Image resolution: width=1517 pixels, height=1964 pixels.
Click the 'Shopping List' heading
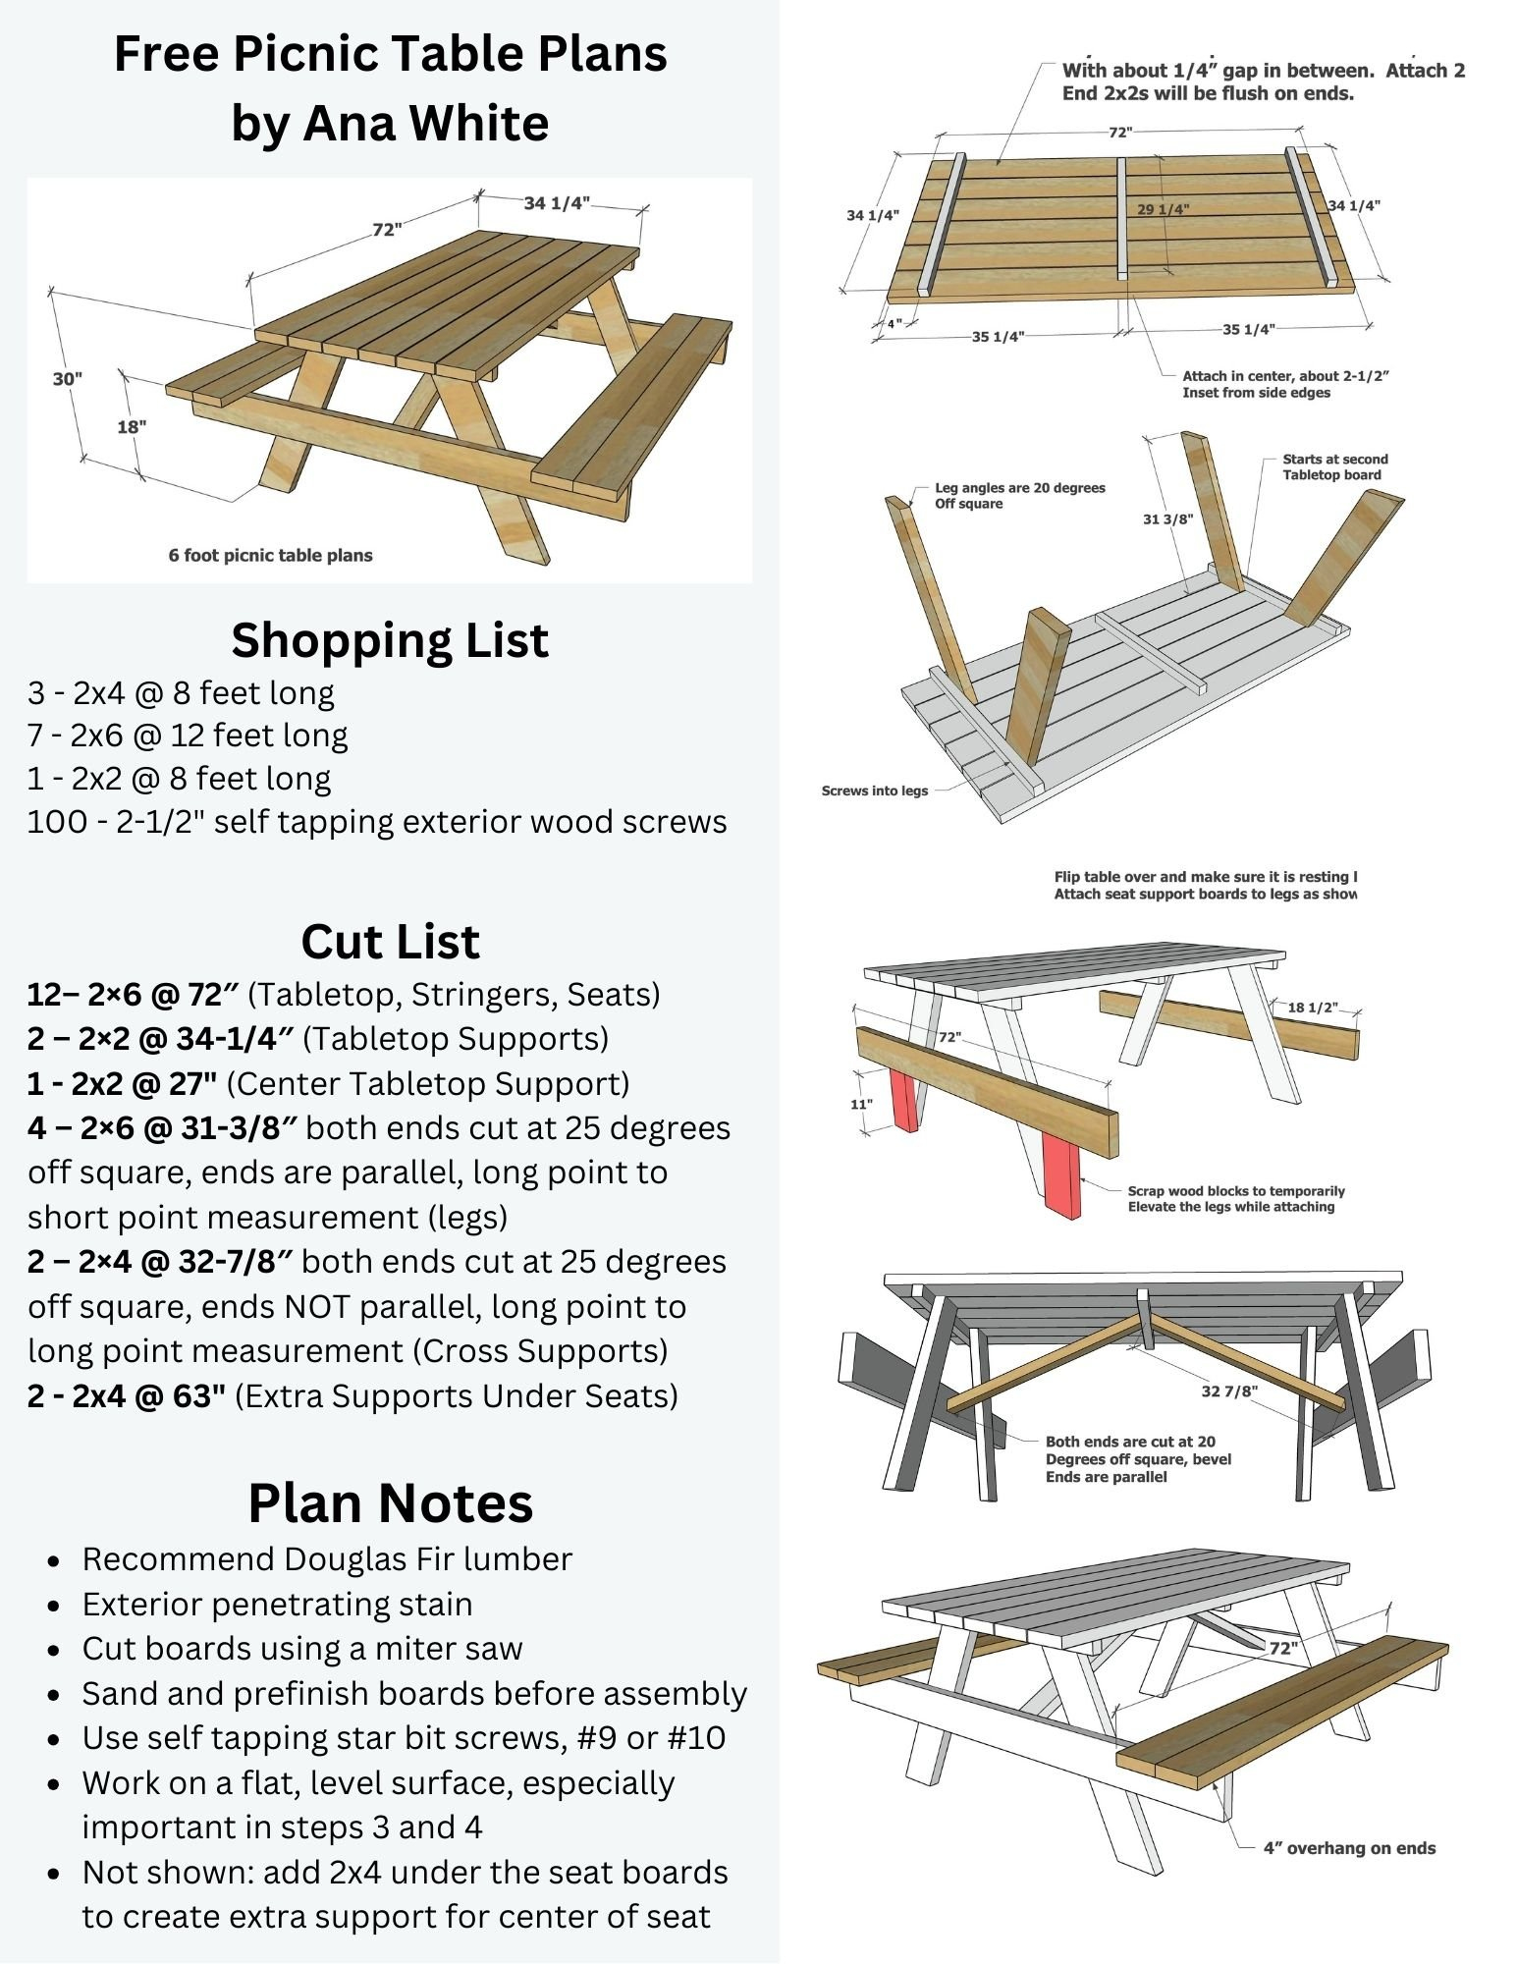(390, 640)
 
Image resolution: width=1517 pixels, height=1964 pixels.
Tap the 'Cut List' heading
(390, 941)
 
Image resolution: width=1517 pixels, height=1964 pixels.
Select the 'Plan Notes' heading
(390, 1502)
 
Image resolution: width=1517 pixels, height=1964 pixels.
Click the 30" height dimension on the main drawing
(68, 379)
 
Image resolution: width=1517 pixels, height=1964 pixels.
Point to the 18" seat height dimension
(132, 426)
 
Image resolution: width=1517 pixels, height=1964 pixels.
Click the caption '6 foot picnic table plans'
(270, 555)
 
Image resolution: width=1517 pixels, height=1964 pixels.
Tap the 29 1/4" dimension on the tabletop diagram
(1163, 209)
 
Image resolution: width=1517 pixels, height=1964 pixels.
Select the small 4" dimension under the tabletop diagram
(894, 323)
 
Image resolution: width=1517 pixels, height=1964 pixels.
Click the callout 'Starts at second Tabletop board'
(1334, 466)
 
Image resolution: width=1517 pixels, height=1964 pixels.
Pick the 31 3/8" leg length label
(1167, 518)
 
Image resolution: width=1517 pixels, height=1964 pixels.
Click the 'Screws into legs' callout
(874, 791)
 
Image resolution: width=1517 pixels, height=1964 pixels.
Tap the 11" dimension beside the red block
(861, 1104)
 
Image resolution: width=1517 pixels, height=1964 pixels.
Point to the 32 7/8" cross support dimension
(1229, 1391)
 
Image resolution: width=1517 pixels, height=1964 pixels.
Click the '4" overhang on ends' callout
(1348, 1848)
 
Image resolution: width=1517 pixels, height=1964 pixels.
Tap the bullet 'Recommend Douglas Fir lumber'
(326, 1558)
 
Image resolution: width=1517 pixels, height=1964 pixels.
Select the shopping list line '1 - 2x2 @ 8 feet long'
(179, 778)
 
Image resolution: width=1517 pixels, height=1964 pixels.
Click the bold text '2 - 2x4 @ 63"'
(127, 1395)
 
